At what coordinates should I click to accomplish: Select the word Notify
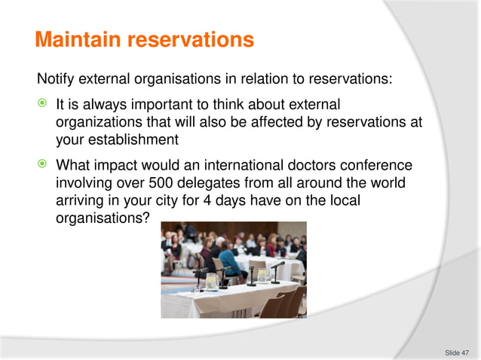click(58, 79)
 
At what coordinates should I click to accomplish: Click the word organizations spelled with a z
click(100, 122)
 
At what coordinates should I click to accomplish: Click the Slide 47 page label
click(456, 352)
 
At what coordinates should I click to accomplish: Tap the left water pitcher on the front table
click(213, 280)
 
